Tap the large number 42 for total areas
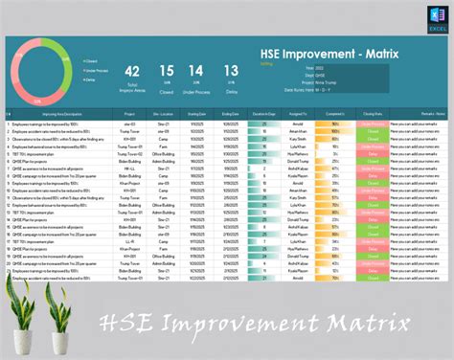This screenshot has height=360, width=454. tap(133, 71)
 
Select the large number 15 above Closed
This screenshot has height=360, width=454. tap(166, 71)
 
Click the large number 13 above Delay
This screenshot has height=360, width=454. tap(230, 71)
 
